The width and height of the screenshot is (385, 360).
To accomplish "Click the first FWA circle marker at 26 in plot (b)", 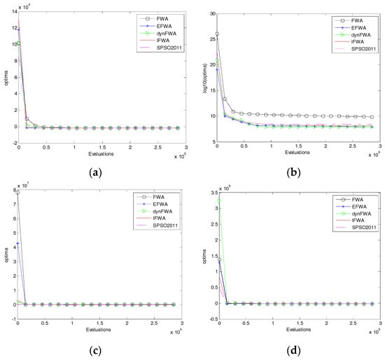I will coord(217,34).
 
